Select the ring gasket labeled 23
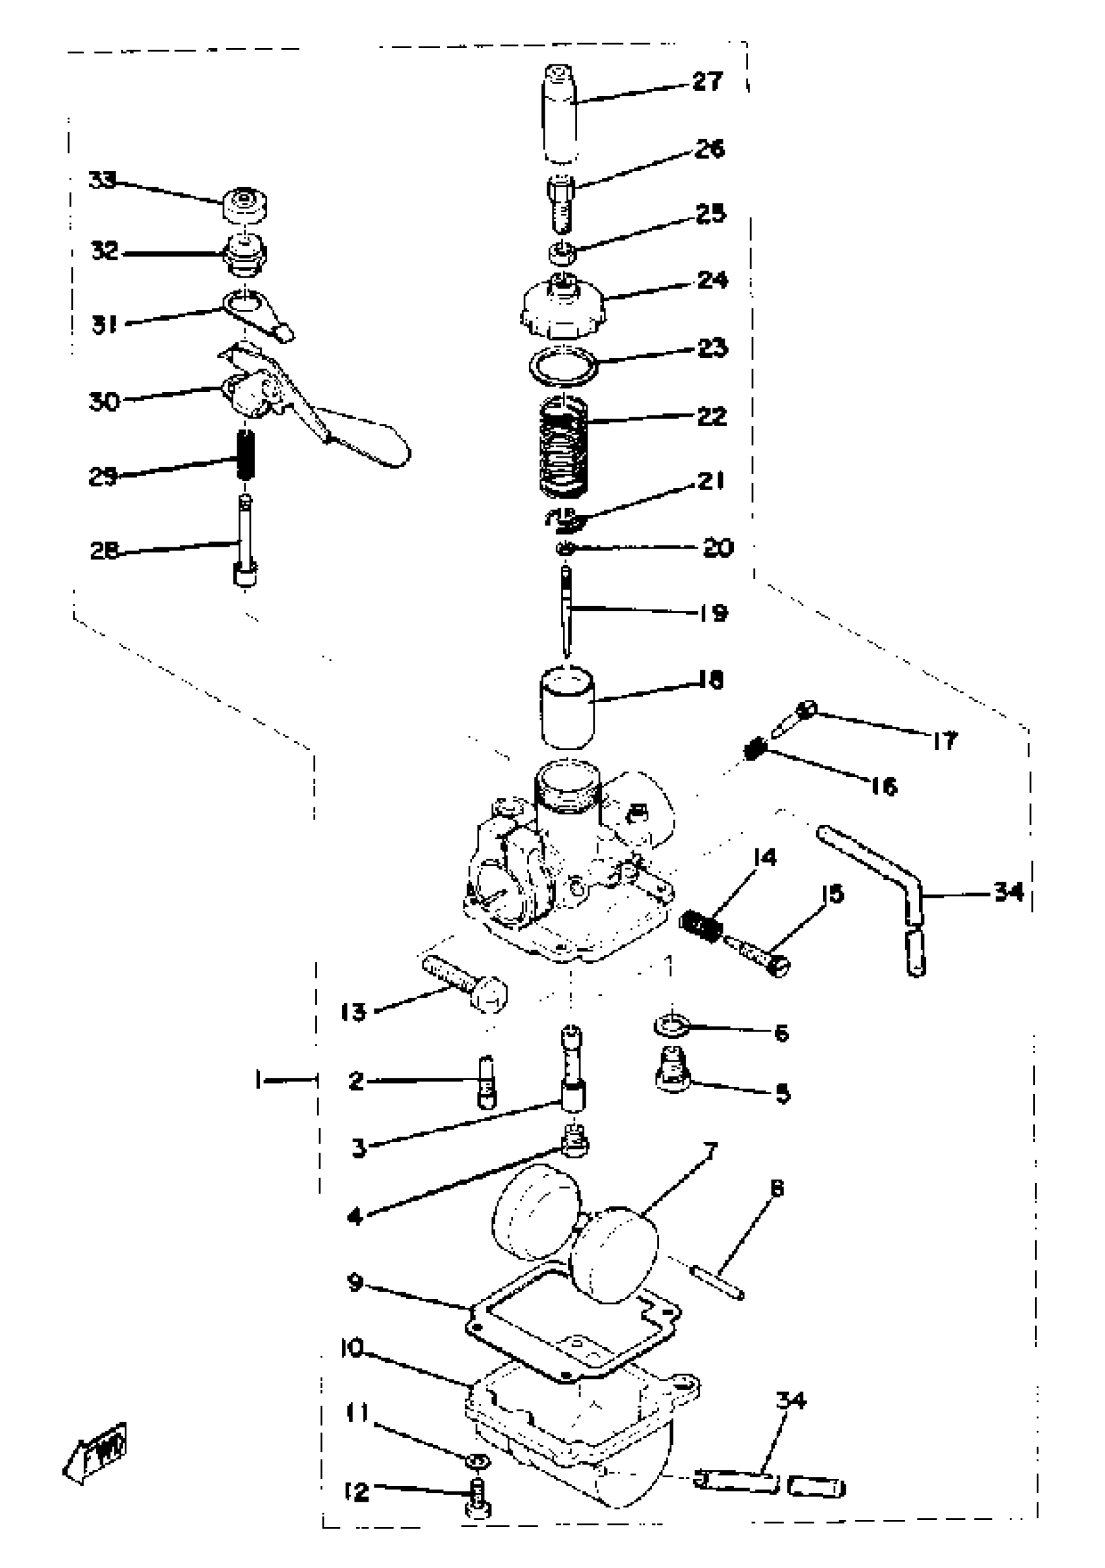[564, 365]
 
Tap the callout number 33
[103, 180]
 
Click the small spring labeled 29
[245, 454]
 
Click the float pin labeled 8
[717, 1282]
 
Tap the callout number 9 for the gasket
[355, 1282]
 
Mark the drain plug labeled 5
[673, 1074]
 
